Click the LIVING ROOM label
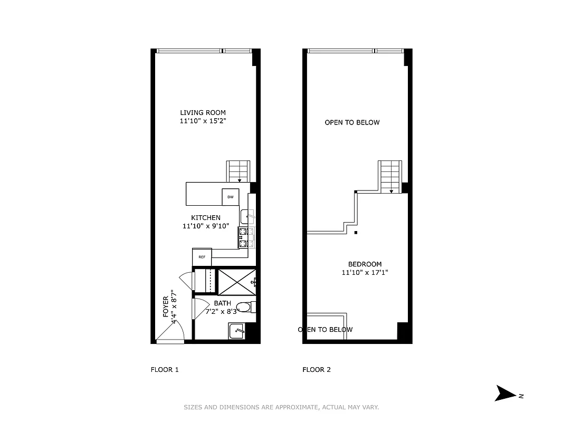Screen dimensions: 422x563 (x=203, y=112)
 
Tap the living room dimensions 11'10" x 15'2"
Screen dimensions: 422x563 (x=203, y=121)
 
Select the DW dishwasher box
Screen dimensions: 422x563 (x=230, y=197)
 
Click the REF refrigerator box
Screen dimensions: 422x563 (x=202, y=257)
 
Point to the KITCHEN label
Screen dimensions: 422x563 (x=205, y=218)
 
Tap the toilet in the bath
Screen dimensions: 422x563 (x=244, y=307)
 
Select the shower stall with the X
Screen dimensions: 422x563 (x=236, y=282)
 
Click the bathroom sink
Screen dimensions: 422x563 (x=237, y=331)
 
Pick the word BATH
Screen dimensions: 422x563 (x=222, y=303)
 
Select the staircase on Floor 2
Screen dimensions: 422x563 (x=390, y=176)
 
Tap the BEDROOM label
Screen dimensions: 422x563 (x=365, y=264)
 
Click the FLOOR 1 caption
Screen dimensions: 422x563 (x=165, y=370)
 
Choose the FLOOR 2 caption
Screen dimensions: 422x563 (x=317, y=370)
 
